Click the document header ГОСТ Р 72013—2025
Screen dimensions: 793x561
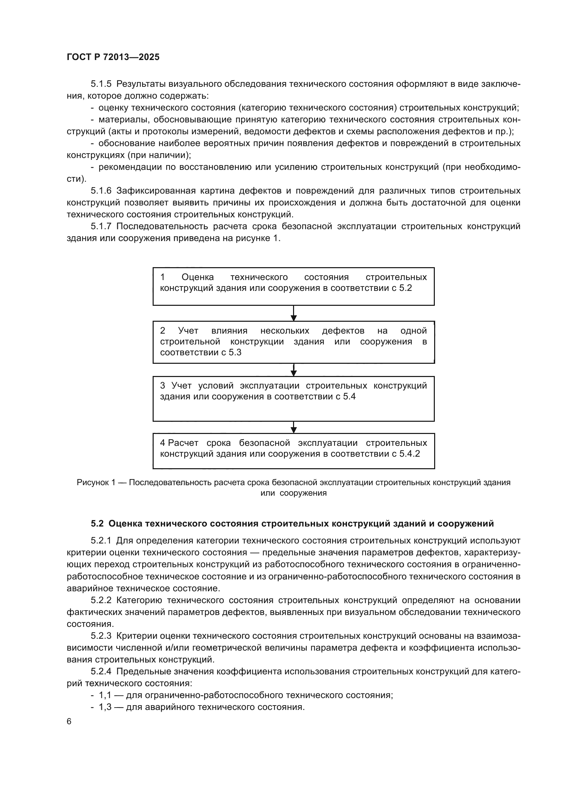point(113,57)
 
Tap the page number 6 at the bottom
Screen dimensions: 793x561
point(69,721)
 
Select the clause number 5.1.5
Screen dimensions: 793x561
point(101,84)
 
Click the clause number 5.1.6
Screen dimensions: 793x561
point(101,191)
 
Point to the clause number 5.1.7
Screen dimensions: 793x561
point(101,226)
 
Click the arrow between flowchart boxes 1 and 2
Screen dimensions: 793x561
point(294,314)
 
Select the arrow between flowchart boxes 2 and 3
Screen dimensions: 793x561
point(294,370)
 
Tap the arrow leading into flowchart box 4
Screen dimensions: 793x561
point(294,427)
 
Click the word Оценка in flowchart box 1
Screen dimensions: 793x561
point(198,277)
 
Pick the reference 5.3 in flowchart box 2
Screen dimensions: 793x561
point(235,353)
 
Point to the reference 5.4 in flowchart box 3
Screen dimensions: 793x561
point(349,397)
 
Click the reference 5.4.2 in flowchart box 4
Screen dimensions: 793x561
point(410,454)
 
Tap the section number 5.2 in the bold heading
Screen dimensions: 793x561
point(97,523)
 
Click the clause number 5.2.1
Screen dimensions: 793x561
point(101,540)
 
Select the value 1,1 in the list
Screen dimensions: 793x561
point(105,695)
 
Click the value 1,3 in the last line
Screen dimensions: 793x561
point(105,707)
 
